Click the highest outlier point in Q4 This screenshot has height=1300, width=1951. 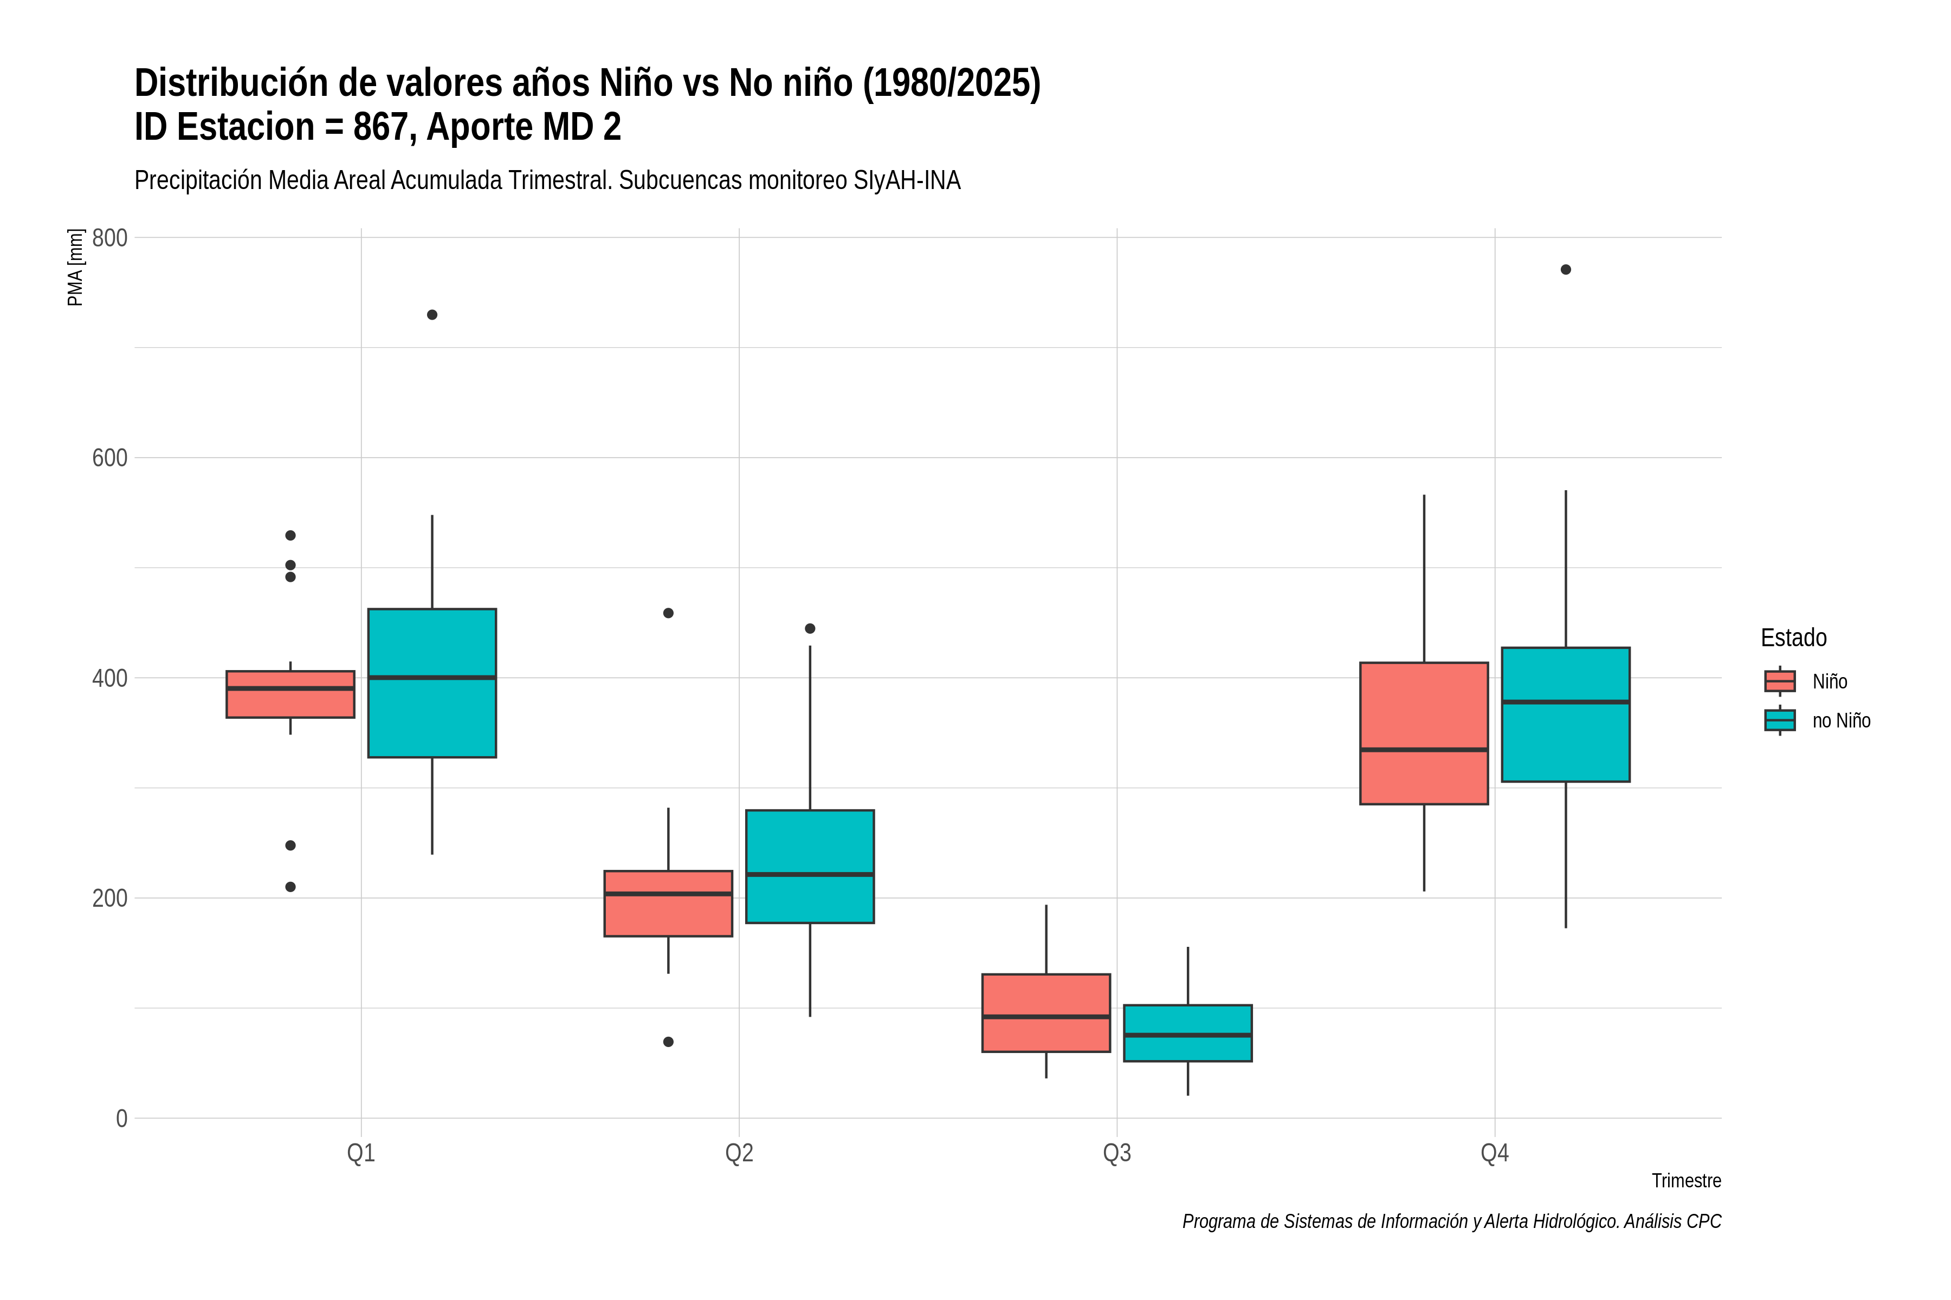[x=1565, y=269]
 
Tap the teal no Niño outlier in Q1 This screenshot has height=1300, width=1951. [x=432, y=315]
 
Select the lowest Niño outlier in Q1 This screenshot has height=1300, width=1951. [x=290, y=887]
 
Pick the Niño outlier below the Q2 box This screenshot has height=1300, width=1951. [x=669, y=1042]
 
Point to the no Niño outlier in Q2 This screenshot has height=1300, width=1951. [x=810, y=628]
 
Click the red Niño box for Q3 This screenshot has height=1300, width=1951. [x=1046, y=1013]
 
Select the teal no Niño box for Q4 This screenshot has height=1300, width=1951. [x=1565, y=714]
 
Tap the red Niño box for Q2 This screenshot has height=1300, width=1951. [x=669, y=903]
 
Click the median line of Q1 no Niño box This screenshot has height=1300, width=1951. [x=432, y=678]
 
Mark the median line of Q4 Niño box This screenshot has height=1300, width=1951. [x=1424, y=750]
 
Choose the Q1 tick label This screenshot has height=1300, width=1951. [x=361, y=1153]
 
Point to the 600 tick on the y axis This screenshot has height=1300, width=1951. [x=109, y=458]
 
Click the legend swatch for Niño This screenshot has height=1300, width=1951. [x=1780, y=681]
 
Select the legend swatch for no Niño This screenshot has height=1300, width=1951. [x=1780, y=720]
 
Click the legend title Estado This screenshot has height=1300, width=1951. [x=1793, y=638]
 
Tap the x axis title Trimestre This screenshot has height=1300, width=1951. [x=1687, y=1181]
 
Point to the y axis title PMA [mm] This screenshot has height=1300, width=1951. [x=75, y=268]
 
